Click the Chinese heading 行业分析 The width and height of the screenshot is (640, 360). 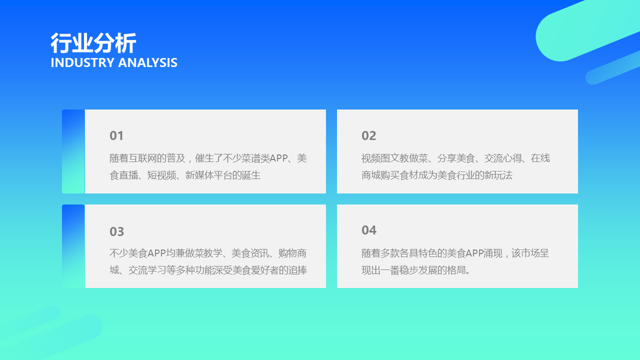(x=93, y=43)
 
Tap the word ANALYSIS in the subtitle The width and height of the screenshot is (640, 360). (x=148, y=62)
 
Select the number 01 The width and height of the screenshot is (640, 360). (x=116, y=136)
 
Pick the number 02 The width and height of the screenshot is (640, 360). (x=368, y=136)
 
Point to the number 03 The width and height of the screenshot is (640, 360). (x=117, y=232)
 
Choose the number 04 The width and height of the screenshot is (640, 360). (x=369, y=230)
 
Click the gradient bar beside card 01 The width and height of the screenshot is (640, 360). (x=73, y=151)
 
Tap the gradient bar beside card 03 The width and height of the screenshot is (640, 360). (x=73, y=246)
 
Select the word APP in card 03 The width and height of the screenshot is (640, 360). (x=157, y=253)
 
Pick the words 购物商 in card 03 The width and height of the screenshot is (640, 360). (x=292, y=253)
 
